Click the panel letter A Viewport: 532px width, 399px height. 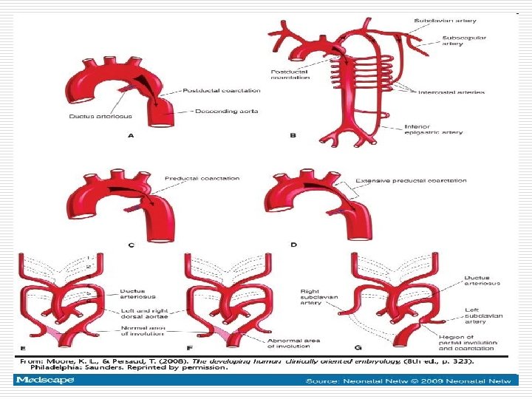(x=131, y=136)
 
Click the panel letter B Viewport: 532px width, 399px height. (x=293, y=134)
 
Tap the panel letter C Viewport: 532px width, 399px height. (x=131, y=245)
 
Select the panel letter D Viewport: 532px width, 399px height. (x=293, y=245)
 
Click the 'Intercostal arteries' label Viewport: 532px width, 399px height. (x=451, y=92)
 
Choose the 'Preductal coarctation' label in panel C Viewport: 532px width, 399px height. (x=202, y=178)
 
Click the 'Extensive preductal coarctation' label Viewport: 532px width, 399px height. (x=411, y=180)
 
